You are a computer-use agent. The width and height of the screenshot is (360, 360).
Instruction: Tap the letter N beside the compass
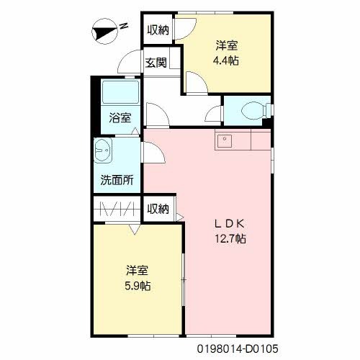pos(124,26)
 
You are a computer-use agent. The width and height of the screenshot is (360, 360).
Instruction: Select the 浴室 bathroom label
pos(120,118)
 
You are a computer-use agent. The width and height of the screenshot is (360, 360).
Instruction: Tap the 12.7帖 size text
pos(231,238)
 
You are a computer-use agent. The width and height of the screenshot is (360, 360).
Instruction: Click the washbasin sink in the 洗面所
pos(102,153)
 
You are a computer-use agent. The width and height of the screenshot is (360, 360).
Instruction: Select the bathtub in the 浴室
pos(120,93)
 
